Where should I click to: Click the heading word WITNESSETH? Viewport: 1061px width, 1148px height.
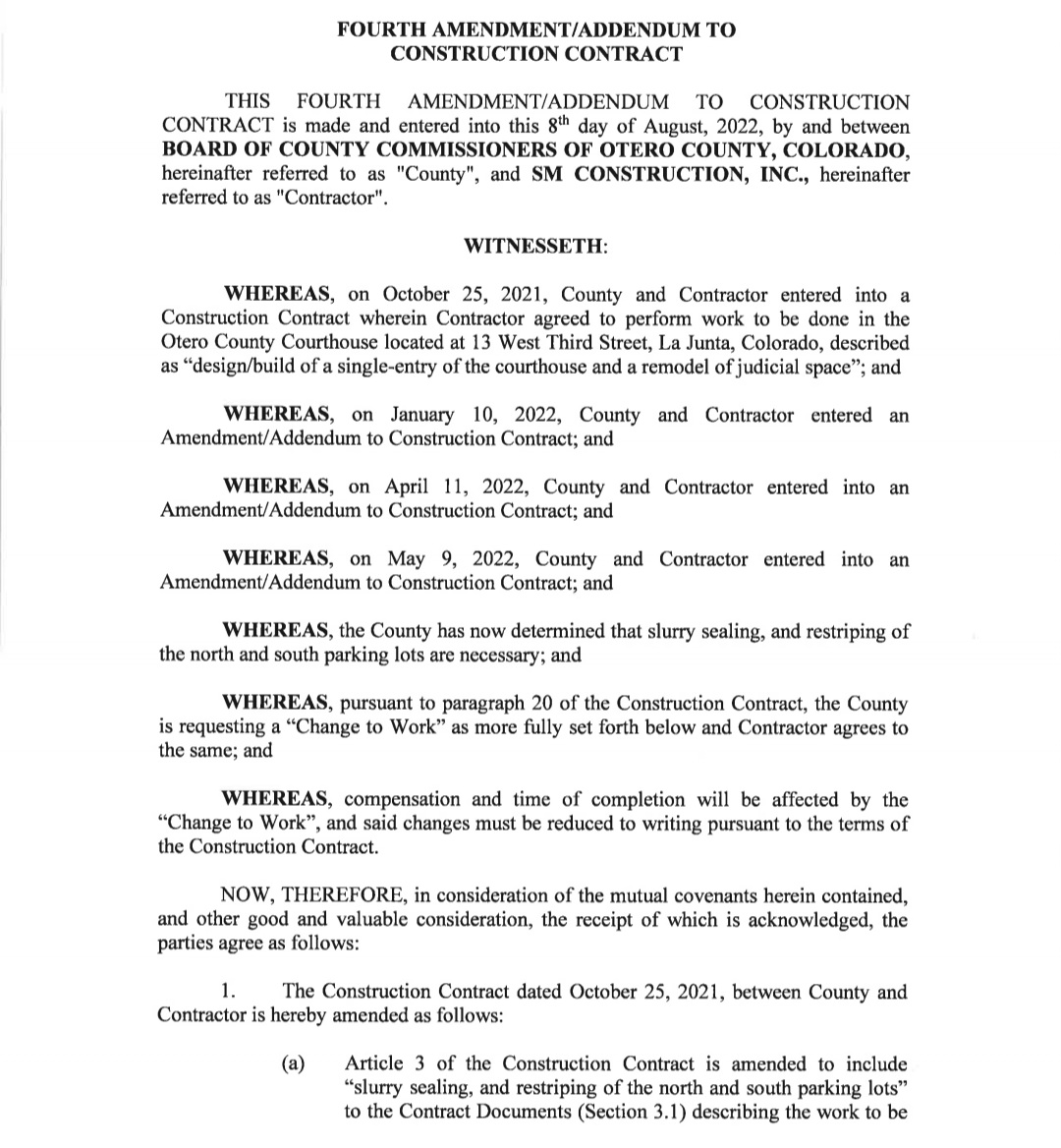(x=533, y=246)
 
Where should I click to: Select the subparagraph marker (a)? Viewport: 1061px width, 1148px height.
(x=293, y=1063)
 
